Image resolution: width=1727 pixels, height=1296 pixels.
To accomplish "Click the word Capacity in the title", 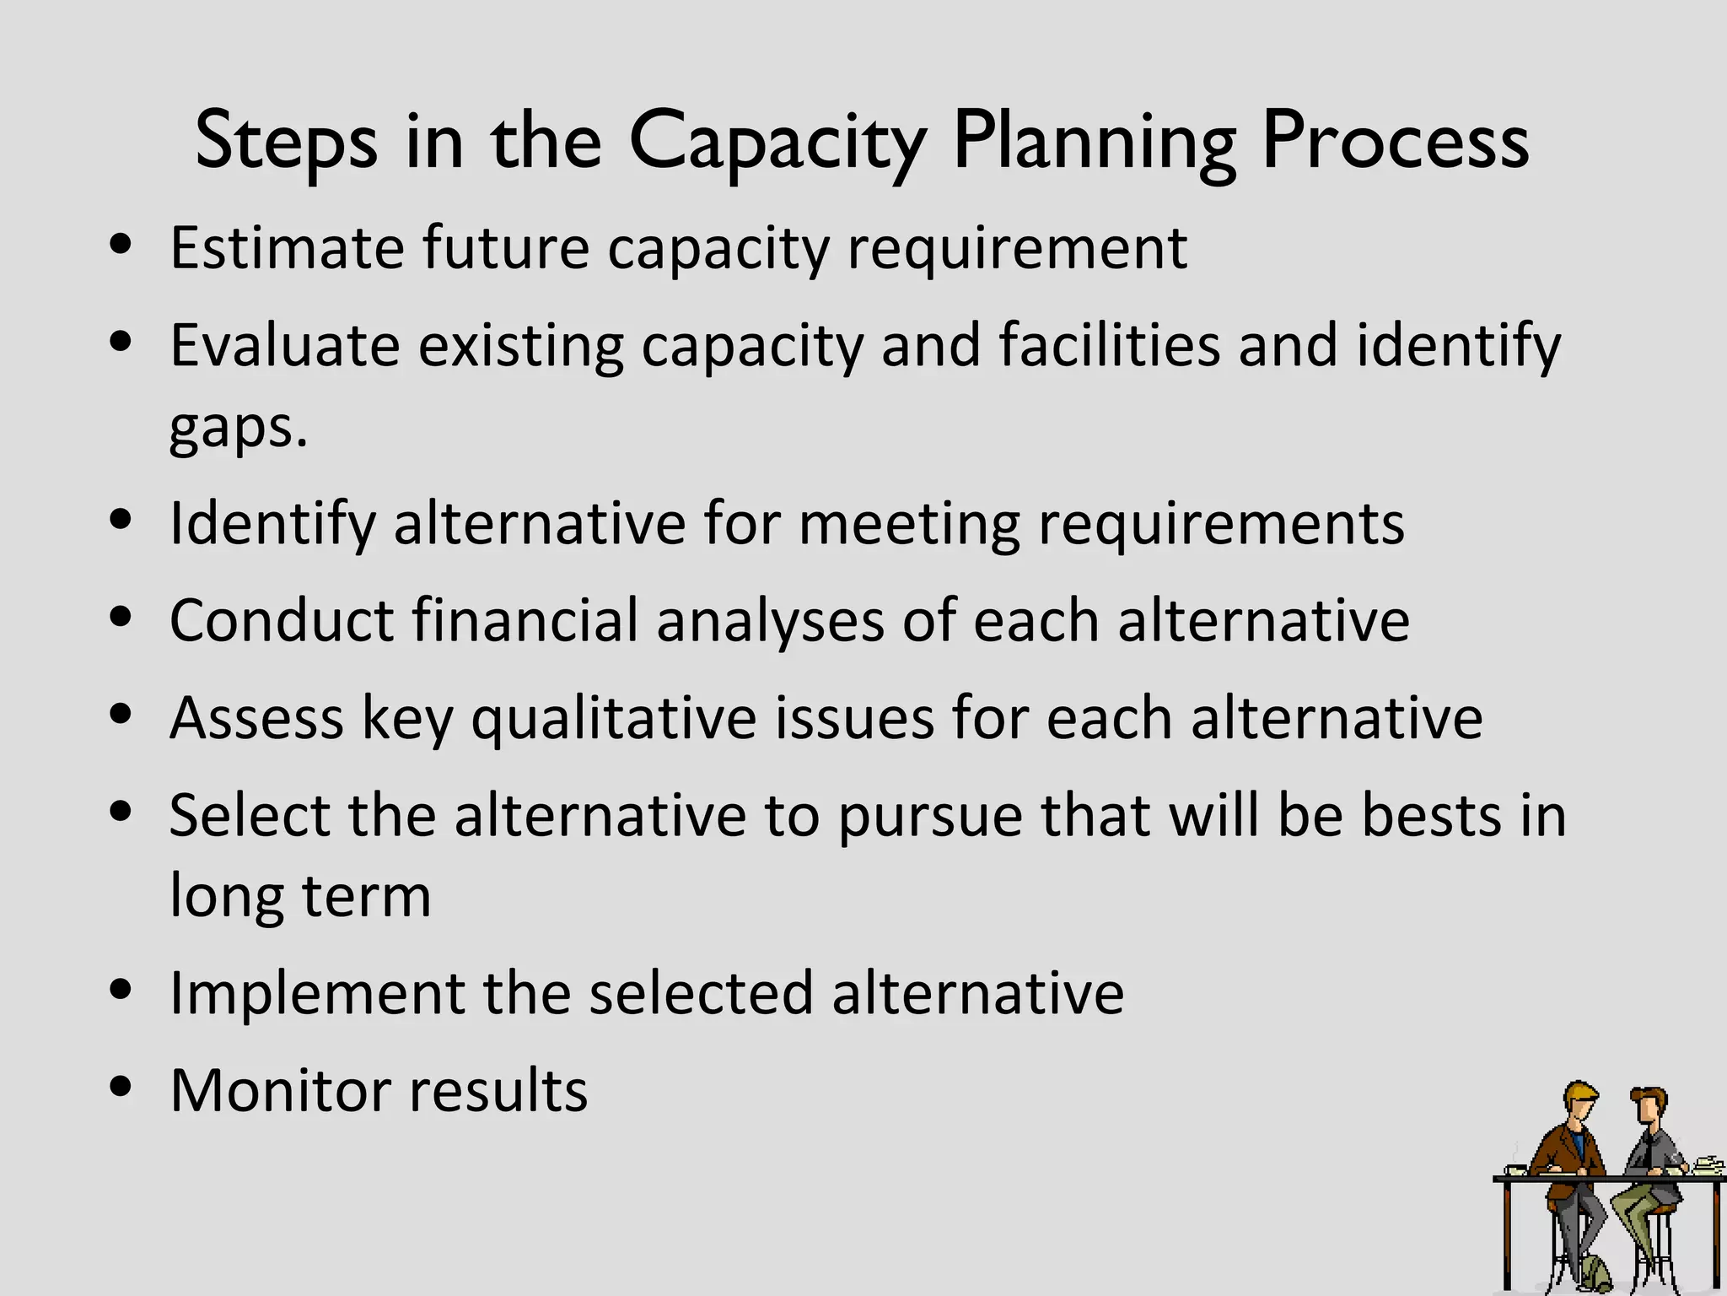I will click(x=777, y=142).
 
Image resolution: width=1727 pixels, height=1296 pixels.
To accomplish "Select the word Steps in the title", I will click(x=286, y=142).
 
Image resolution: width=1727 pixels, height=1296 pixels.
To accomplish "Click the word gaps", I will click(x=238, y=429).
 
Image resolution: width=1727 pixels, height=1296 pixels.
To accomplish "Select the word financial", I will click(x=525, y=620).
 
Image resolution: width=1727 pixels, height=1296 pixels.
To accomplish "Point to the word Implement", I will click(x=317, y=992).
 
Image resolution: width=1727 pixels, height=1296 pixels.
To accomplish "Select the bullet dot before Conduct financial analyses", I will click(x=121, y=616).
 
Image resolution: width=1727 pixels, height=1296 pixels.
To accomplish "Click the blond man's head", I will click(x=1579, y=1102).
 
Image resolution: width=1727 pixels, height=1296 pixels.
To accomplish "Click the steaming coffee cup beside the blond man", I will click(x=1515, y=1169).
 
